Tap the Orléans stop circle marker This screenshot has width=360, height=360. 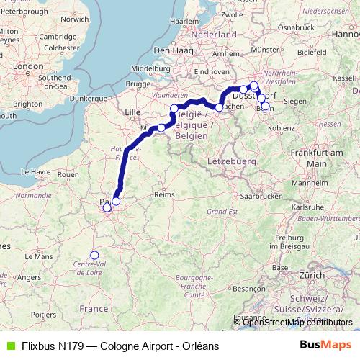point(94,254)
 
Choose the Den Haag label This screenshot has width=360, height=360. point(171,50)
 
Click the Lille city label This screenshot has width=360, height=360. point(133,112)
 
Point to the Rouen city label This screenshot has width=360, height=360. point(68,174)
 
